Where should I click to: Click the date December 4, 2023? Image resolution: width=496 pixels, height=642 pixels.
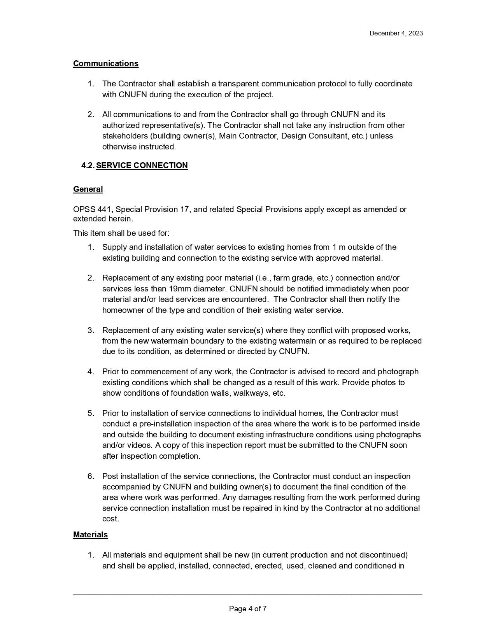point(396,33)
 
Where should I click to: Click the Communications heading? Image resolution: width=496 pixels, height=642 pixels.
point(105,63)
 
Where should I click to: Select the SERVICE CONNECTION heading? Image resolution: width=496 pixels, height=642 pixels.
point(142,165)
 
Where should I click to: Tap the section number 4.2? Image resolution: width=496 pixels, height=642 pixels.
point(88,165)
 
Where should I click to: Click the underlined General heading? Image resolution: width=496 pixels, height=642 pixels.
point(88,189)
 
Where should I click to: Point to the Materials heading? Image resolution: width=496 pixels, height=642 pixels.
point(90,535)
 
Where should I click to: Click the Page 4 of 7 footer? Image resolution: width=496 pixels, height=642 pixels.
point(248,609)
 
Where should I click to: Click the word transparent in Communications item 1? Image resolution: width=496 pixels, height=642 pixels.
point(238,84)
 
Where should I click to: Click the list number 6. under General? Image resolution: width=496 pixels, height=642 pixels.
point(91,476)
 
